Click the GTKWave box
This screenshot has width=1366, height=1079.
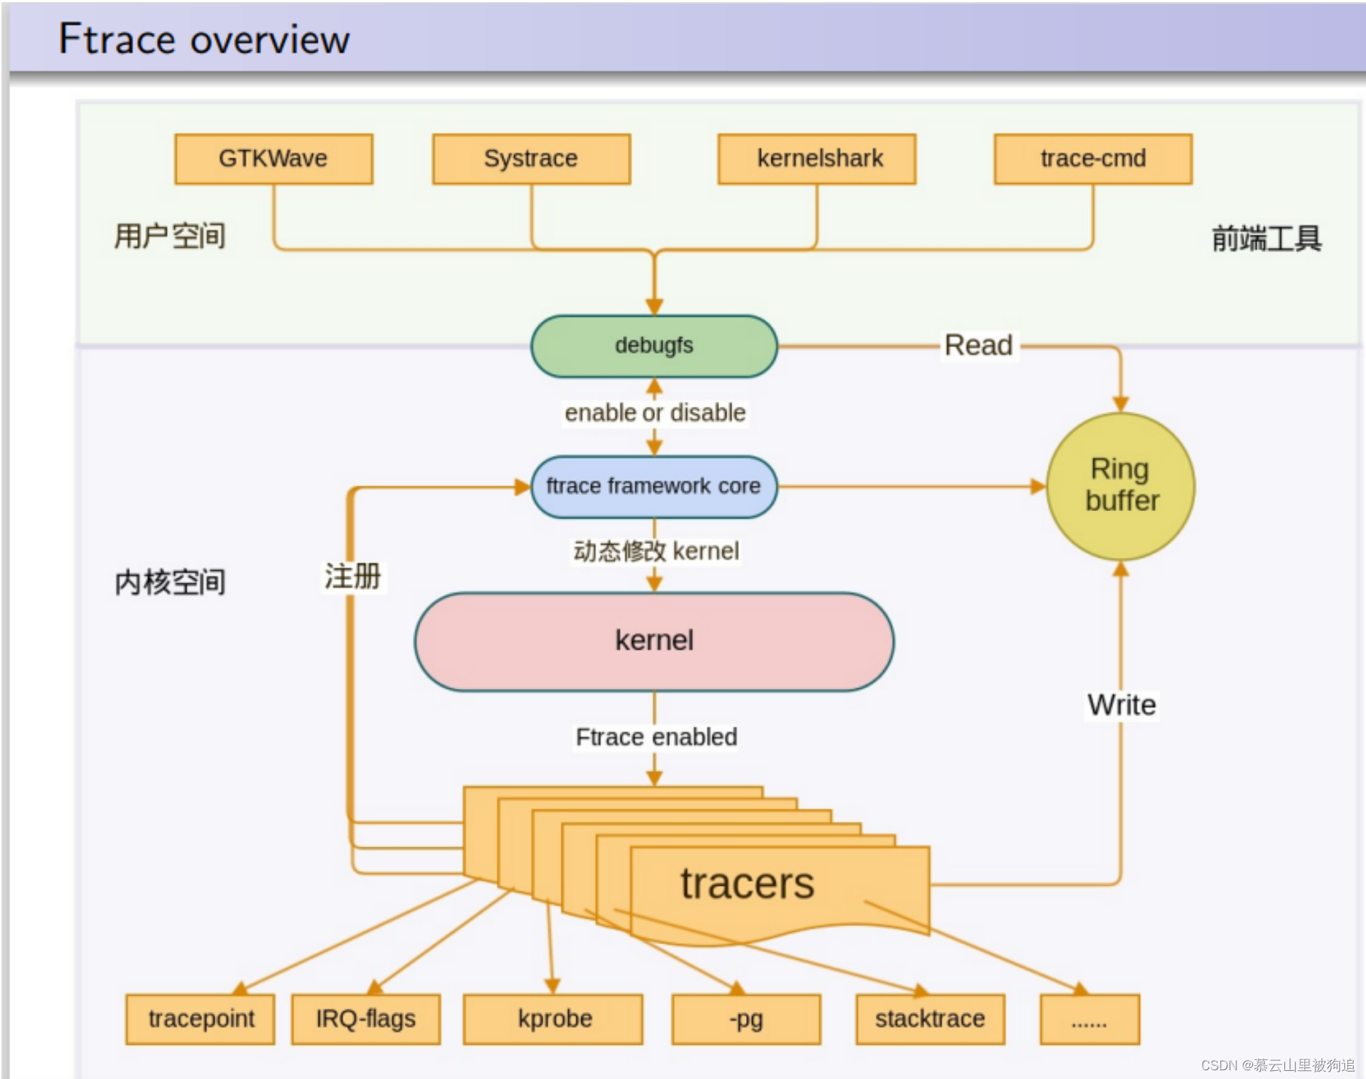click(x=273, y=159)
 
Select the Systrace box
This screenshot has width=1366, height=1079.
click(x=531, y=159)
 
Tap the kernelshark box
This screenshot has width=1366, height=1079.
click(x=817, y=159)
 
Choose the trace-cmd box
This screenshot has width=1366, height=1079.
click(x=1093, y=159)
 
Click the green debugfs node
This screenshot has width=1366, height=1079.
click(x=653, y=346)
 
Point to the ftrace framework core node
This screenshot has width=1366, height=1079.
click(x=653, y=486)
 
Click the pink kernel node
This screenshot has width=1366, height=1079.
click(x=653, y=641)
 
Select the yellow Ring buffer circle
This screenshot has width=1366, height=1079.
click(x=1121, y=486)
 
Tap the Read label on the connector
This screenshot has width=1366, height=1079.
click(x=978, y=346)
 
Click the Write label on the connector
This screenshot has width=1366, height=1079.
click(x=1121, y=705)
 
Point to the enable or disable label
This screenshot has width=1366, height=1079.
click(x=655, y=413)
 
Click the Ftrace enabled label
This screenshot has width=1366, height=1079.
click(x=656, y=737)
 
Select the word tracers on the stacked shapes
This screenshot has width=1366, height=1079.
click(x=747, y=884)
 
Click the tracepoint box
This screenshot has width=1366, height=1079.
click(x=201, y=1018)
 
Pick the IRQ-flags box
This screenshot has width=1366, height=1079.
click(x=365, y=1018)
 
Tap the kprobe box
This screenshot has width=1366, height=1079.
click(x=554, y=1018)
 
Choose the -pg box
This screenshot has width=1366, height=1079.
click(x=745, y=1018)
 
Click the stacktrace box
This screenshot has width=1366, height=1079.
click(x=930, y=1018)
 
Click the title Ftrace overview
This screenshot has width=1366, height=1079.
click(x=204, y=39)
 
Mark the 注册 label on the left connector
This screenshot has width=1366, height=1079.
click(x=352, y=577)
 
